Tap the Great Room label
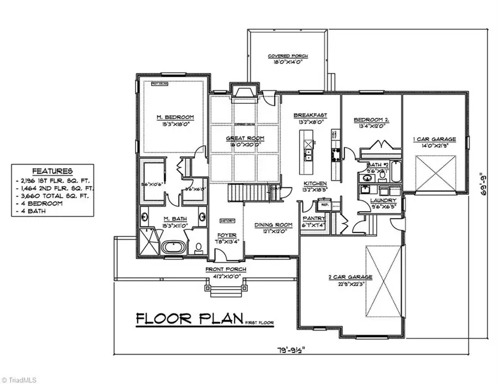(x=244, y=138)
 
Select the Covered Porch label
(x=288, y=56)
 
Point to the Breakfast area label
(x=310, y=115)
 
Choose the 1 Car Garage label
(x=434, y=139)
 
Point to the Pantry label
(x=313, y=219)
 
